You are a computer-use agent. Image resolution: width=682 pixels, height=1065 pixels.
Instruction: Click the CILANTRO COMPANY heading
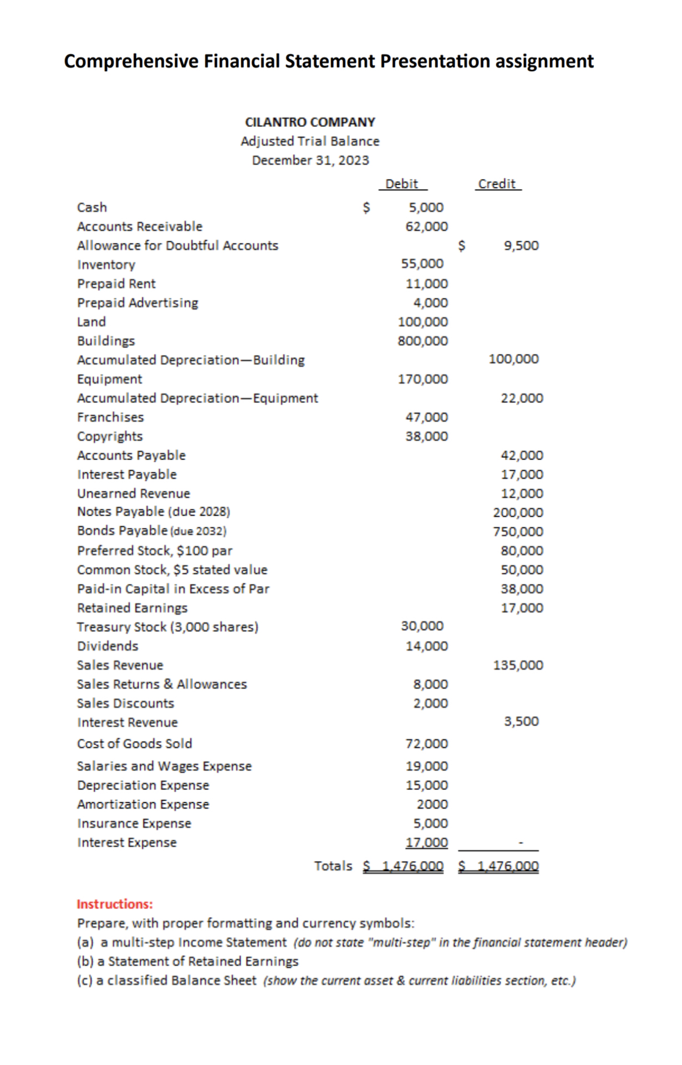pos(310,122)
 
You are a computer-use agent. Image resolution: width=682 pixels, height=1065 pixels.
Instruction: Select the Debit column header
pos(401,184)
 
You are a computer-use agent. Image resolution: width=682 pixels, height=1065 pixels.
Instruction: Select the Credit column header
pos(497,184)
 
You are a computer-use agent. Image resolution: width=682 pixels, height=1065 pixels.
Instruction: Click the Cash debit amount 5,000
pos(426,207)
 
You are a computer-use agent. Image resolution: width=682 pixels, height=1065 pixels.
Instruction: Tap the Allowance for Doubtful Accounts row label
pos(177,246)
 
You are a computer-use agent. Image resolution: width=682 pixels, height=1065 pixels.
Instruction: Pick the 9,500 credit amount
pos(521,246)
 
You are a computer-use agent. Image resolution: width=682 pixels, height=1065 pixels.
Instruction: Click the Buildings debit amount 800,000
pos(423,341)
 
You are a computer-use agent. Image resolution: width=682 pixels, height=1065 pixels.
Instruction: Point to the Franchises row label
pos(110,417)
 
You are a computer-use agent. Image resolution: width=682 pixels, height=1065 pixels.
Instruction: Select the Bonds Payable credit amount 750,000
pos(518,532)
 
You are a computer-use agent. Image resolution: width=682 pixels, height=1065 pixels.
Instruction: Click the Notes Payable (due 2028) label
pos(154,512)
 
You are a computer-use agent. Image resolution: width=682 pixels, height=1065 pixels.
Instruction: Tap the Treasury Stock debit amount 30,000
pos(422,626)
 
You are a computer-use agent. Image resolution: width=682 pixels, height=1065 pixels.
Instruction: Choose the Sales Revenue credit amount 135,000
pos(518,665)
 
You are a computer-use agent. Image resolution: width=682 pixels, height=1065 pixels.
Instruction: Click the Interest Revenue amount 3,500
pos(521,721)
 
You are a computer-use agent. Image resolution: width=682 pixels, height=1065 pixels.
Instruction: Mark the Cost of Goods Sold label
pos(134,743)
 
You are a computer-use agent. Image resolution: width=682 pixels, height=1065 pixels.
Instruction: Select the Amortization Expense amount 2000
pos(432,804)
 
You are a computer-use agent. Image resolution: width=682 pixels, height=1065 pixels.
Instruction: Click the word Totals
pos(333,866)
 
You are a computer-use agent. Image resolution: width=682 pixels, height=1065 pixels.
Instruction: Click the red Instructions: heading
pos(114,904)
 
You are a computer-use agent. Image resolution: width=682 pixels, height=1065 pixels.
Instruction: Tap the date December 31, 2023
pos(310,160)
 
